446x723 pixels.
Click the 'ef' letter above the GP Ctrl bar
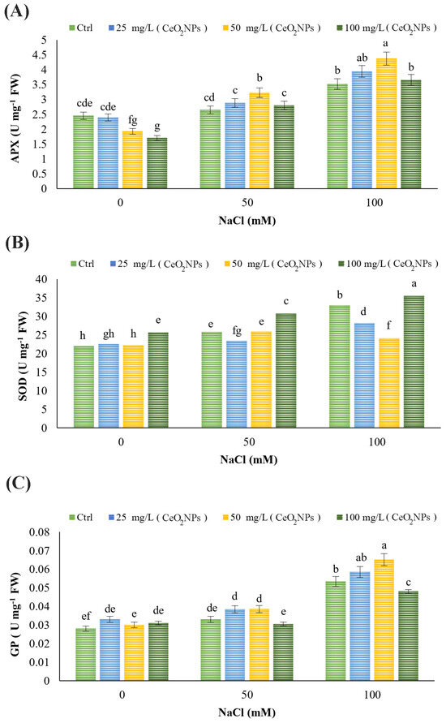point(84,616)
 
